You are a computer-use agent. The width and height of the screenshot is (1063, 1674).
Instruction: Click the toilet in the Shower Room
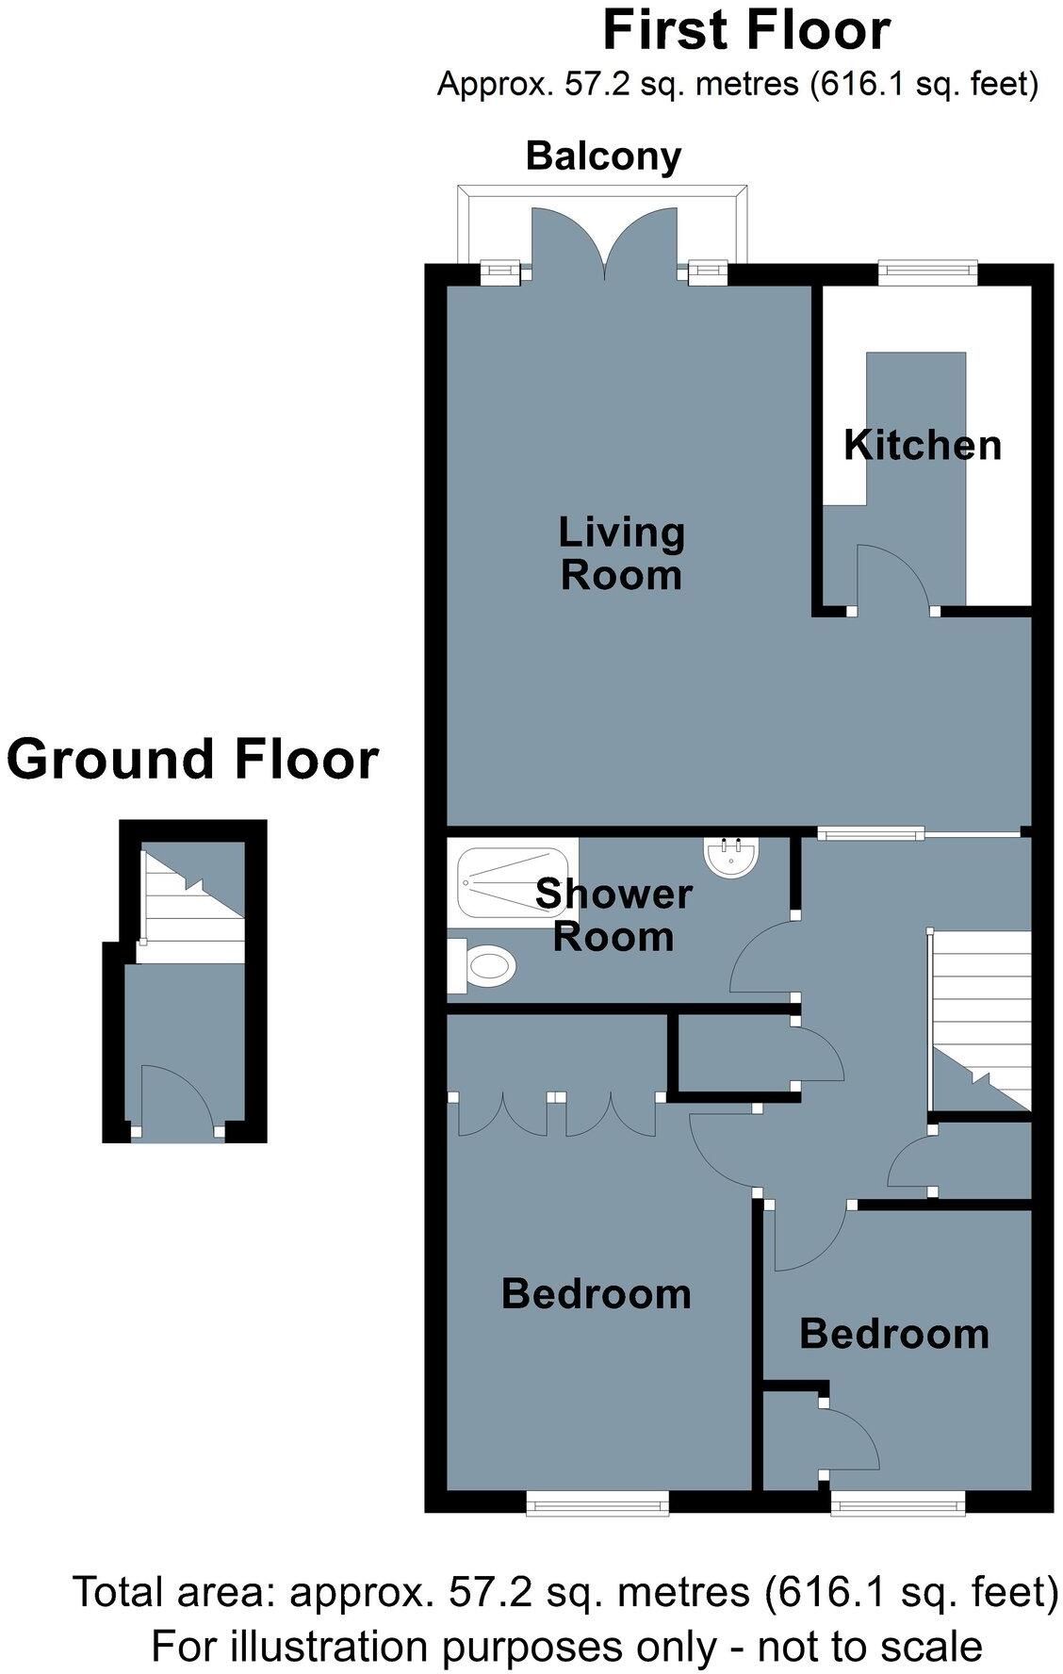pyautogui.click(x=485, y=966)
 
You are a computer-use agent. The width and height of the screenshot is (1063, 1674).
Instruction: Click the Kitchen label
pyautogui.click(x=922, y=445)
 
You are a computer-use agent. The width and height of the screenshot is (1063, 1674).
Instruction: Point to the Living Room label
pyautogui.click(x=621, y=553)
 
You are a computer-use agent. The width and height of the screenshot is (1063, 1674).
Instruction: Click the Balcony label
pyautogui.click(x=603, y=156)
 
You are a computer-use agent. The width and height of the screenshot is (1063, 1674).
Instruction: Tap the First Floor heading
pyautogui.click(x=745, y=31)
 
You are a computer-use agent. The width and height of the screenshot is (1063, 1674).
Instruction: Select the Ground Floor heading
pyautogui.click(x=193, y=760)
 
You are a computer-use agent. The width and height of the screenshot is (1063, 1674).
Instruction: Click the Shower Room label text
pyautogui.click(x=613, y=915)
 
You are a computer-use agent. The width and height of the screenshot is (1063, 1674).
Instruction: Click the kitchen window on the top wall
pyautogui.click(x=928, y=272)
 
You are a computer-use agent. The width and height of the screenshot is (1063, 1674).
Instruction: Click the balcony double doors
pyautogui.click(x=604, y=245)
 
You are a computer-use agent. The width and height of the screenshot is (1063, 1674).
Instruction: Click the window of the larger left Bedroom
pyautogui.click(x=597, y=1502)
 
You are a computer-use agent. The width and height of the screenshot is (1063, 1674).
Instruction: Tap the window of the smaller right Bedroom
pyautogui.click(x=897, y=1502)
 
